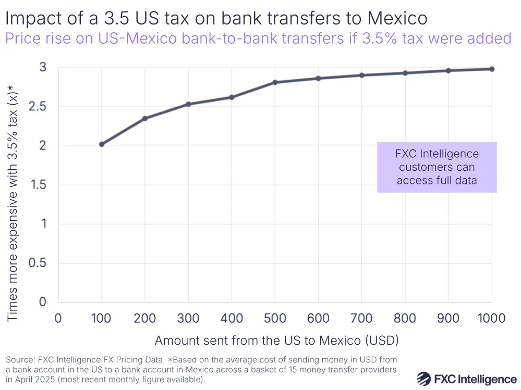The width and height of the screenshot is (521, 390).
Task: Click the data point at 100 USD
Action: coord(102,144)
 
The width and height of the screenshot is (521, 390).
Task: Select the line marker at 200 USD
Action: coord(145,118)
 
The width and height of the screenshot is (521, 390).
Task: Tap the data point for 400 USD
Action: coord(232,97)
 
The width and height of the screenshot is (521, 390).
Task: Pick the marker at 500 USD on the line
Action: coord(275,82)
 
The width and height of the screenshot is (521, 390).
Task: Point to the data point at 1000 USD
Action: coord(492,69)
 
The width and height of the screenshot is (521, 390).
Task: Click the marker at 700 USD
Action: coord(361,75)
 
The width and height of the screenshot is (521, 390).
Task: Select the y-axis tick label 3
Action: coord(43,68)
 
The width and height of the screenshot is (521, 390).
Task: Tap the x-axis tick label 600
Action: coord(318,318)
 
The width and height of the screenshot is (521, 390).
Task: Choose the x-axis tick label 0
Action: coord(58,318)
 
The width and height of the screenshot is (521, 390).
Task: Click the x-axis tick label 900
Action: coord(448,318)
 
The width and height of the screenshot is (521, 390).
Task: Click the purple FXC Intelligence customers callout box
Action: coord(437,167)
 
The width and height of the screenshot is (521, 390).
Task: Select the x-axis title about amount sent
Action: coord(276,341)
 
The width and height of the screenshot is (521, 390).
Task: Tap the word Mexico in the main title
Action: coord(397,19)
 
